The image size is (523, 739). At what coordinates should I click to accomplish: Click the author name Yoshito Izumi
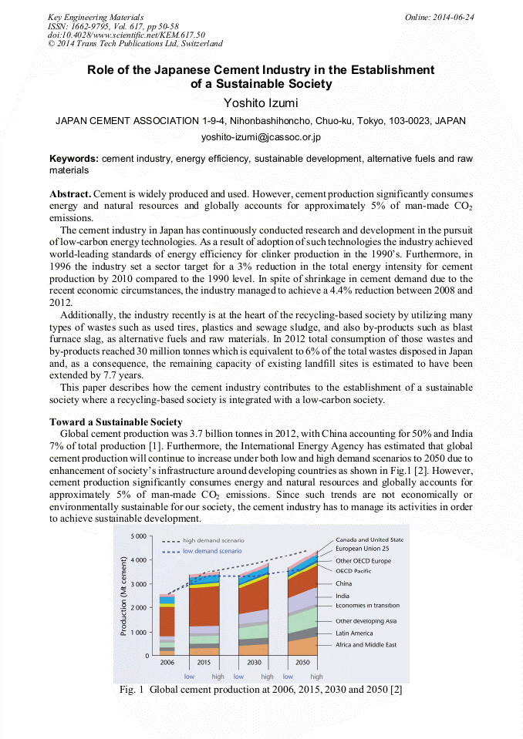[x=261, y=103]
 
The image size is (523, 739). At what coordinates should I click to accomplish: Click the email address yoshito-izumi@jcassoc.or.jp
[x=261, y=138]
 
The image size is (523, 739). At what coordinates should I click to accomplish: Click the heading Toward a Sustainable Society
[x=116, y=422]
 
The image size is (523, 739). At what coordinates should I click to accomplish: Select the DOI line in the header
[x=127, y=35]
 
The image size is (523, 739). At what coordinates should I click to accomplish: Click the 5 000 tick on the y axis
[x=140, y=536]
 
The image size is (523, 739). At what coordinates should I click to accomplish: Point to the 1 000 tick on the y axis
[x=140, y=632]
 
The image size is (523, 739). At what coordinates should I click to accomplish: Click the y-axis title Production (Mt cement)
[x=123, y=596]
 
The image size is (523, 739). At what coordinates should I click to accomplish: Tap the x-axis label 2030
[x=253, y=663]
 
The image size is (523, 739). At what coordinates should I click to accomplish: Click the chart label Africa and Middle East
[x=366, y=644]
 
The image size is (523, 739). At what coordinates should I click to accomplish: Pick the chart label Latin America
[x=354, y=633]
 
